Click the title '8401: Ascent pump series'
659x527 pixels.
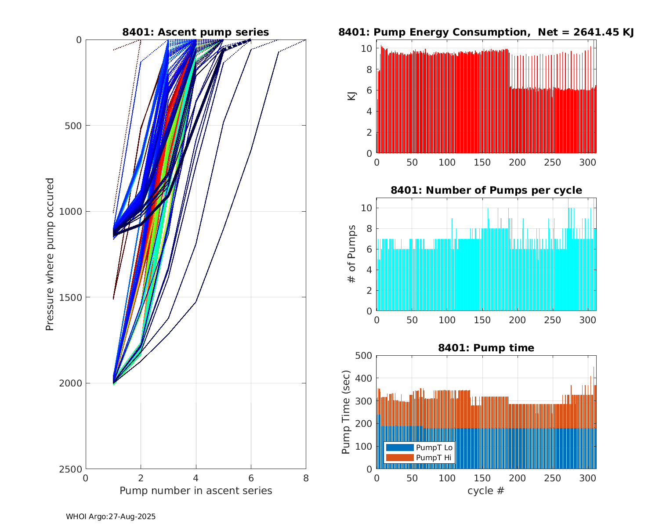pyautogui.click(x=196, y=32)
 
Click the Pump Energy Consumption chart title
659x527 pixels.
pyautogui.click(x=486, y=32)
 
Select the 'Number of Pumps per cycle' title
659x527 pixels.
pyautogui.click(x=486, y=190)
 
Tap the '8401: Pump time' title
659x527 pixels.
pyautogui.click(x=486, y=348)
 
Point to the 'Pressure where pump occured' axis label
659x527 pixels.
pyautogui.click(x=50, y=254)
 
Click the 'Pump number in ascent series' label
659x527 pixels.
pyautogui.click(x=196, y=491)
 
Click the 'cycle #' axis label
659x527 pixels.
pyautogui.click(x=486, y=491)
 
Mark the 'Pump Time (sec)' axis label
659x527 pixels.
pyautogui.click(x=346, y=412)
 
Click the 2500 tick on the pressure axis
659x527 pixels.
pyautogui.click(x=72, y=469)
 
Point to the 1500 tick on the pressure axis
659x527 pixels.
pyautogui.click(x=72, y=297)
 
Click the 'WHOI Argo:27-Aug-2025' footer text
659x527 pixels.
pyautogui.click(x=111, y=516)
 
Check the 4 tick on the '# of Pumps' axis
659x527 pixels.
pyautogui.click(x=369, y=270)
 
